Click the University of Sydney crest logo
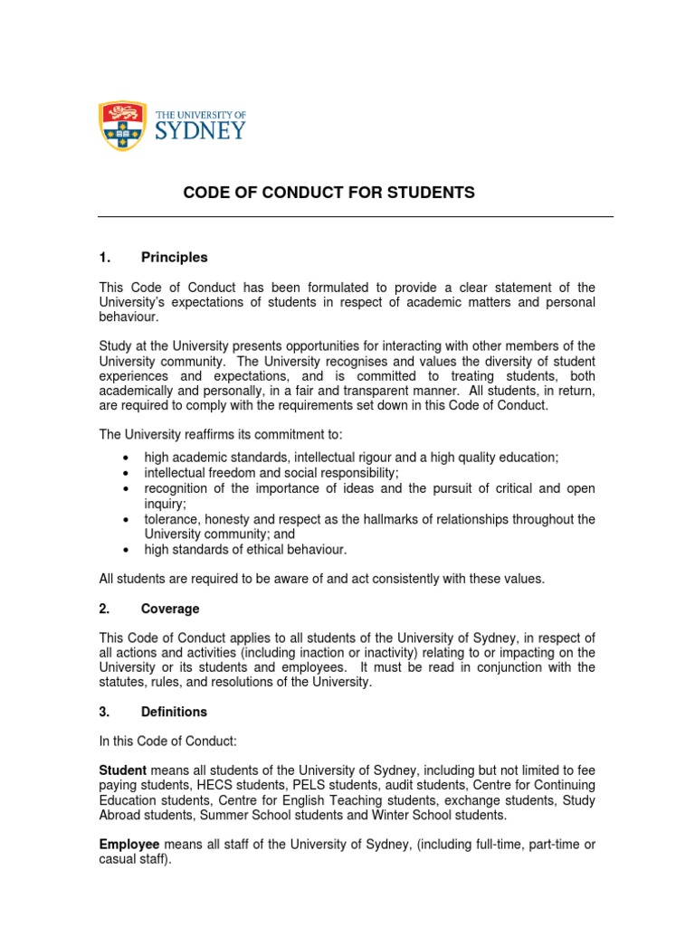click(x=123, y=125)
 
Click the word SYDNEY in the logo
click(x=201, y=130)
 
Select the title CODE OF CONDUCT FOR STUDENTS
click(x=329, y=193)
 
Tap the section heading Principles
click(x=174, y=257)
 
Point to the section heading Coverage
click(x=170, y=609)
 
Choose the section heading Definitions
click(x=174, y=712)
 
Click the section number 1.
click(x=105, y=257)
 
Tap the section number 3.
click(x=105, y=712)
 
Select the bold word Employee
click(x=128, y=845)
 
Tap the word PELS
click(x=299, y=785)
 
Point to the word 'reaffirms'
click(x=214, y=435)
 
